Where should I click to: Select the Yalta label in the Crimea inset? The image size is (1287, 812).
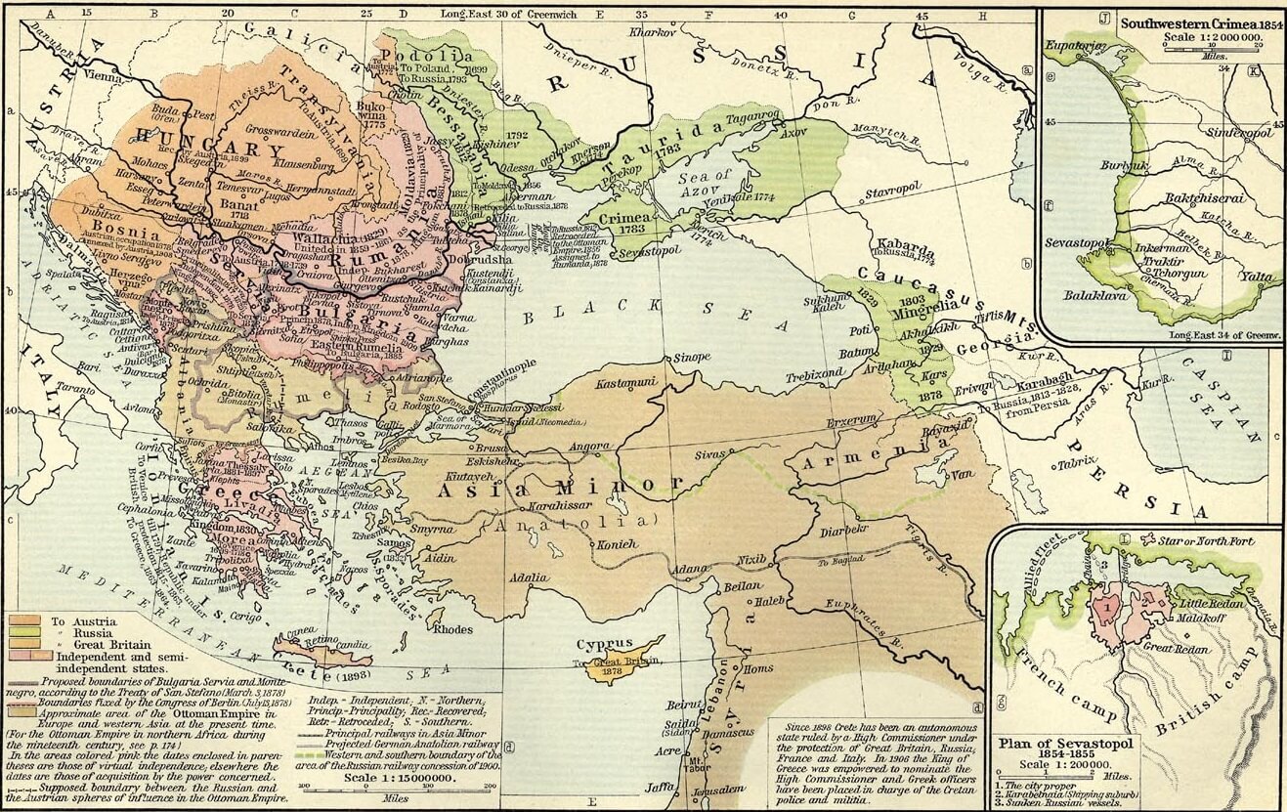[x=1254, y=277]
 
